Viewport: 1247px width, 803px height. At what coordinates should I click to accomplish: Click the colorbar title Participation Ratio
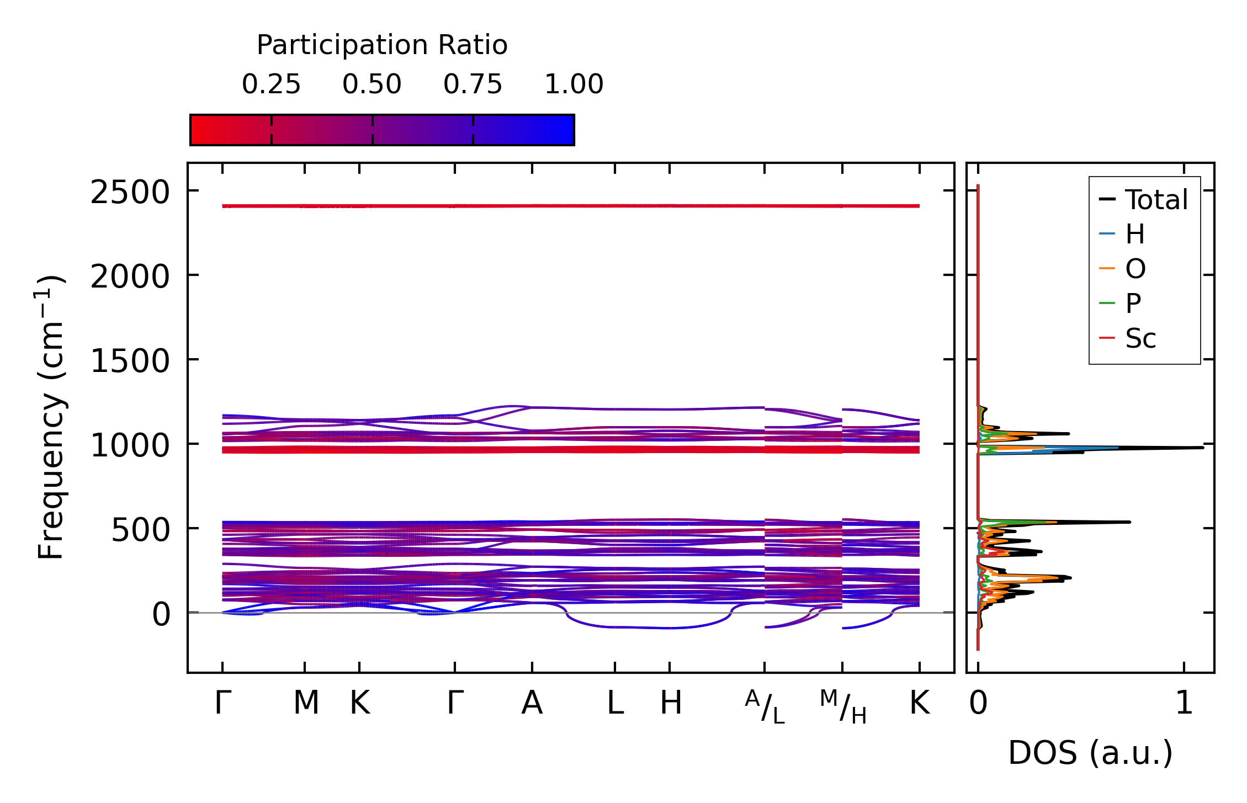[382, 45]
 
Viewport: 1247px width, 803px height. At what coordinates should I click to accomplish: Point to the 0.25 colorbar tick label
[271, 84]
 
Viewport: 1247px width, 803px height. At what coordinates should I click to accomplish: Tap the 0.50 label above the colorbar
[372, 84]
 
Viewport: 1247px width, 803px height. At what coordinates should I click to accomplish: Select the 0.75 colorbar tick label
[473, 84]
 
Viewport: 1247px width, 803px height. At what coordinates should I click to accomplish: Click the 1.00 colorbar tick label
[574, 84]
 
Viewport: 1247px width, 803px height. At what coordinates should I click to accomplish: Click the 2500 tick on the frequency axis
[130, 193]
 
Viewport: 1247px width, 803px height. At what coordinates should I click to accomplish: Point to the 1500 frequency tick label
[130, 362]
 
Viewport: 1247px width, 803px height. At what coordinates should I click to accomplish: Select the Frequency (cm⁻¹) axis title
[51, 417]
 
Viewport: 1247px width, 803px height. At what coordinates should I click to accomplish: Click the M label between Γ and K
[306, 703]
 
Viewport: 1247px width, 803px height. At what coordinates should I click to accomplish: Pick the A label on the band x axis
[532, 703]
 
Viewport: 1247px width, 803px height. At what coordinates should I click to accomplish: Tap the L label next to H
[615, 703]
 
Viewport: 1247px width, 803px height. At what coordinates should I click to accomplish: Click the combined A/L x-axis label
[765, 706]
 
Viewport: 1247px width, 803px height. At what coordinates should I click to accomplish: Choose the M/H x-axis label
[843, 706]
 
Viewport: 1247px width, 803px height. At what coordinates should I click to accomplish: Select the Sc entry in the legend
[1140, 338]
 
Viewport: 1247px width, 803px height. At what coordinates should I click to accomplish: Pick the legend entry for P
[1133, 304]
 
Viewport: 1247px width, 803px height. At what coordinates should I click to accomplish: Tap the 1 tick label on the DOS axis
[1184, 703]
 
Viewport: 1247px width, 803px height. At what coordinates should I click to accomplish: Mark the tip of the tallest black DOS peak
[1202, 448]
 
